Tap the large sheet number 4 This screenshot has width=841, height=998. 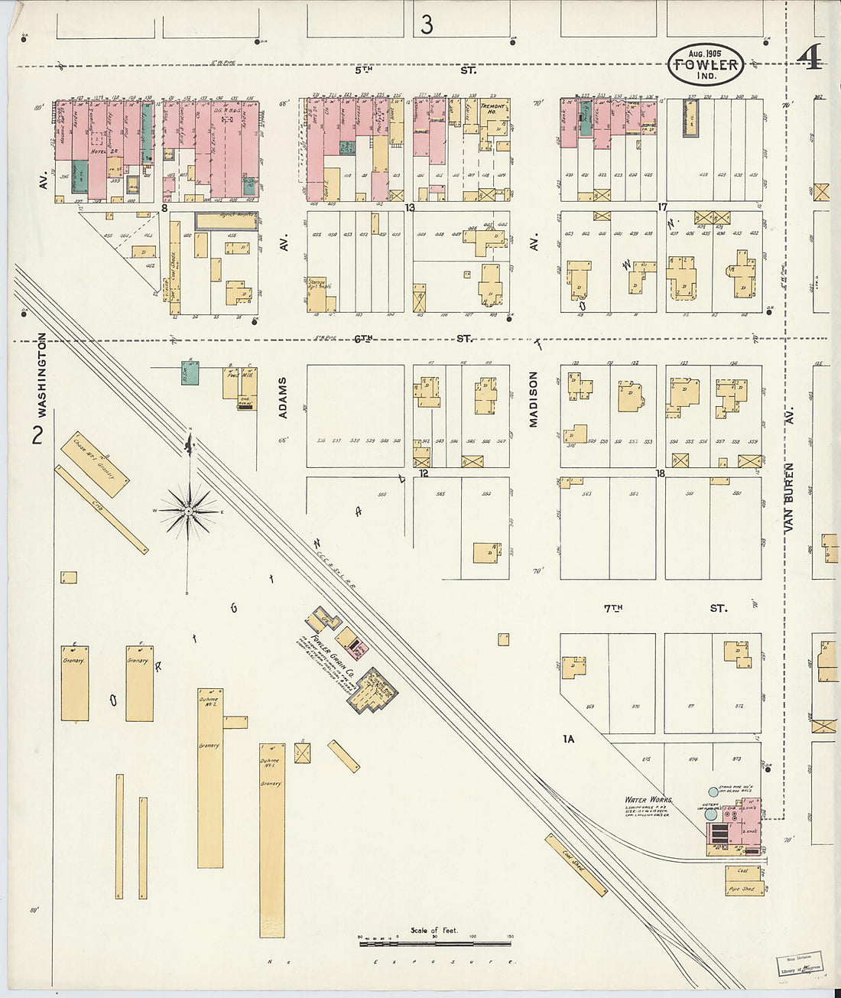[x=810, y=57]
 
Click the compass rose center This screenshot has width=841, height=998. [x=188, y=511]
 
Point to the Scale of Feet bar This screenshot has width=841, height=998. [x=434, y=943]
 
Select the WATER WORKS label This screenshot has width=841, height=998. [x=648, y=800]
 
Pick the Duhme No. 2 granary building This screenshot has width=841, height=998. [x=210, y=776]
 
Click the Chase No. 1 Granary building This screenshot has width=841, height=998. [x=95, y=465]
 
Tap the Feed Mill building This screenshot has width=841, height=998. [x=232, y=382]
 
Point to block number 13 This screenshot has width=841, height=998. [x=410, y=207]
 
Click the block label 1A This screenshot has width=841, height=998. [x=568, y=739]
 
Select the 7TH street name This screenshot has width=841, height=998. [x=612, y=609]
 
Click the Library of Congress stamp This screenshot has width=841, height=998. [x=798, y=963]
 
